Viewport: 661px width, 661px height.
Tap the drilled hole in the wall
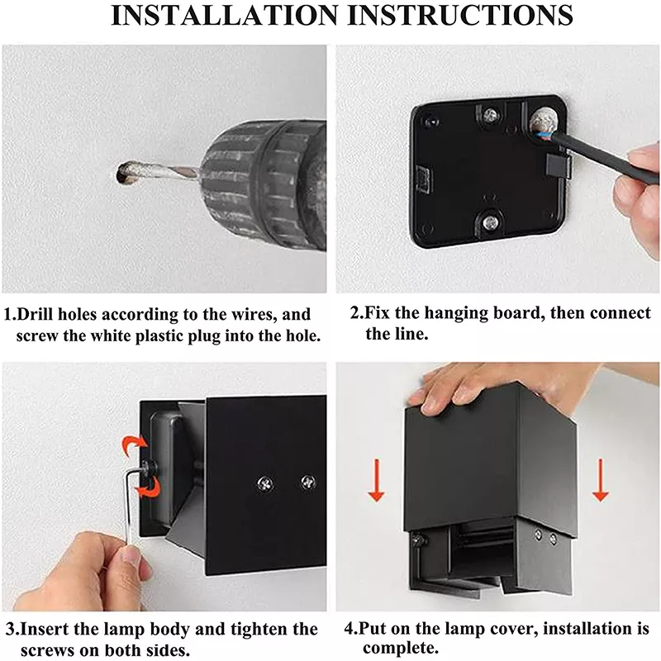click(x=126, y=173)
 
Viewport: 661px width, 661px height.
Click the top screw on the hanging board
click(x=491, y=114)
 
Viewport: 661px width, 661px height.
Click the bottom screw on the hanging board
click(x=491, y=221)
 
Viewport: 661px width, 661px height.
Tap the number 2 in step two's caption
click(x=354, y=314)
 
